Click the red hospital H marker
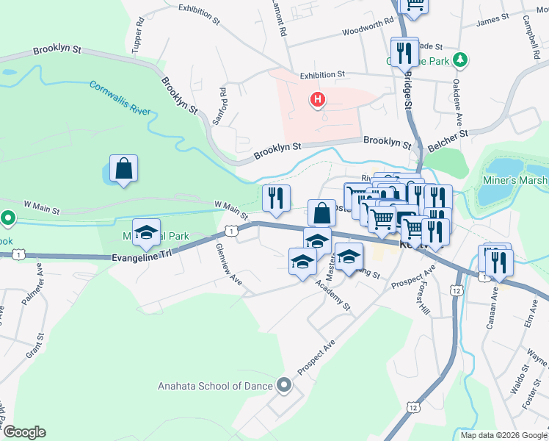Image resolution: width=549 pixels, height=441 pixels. (318, 99)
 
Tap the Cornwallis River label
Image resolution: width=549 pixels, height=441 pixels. (120, 98)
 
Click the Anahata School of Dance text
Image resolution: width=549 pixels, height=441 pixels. (214, 386)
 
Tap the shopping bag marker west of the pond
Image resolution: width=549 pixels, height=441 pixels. (124, 168)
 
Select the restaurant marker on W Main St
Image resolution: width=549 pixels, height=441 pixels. (277, 198)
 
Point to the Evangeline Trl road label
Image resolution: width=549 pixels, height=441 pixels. (146, 257)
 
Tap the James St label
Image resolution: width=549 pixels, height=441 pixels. (492, 21)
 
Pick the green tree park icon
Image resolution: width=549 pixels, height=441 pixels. (460, 59)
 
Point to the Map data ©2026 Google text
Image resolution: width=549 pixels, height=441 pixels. (503, 435)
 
